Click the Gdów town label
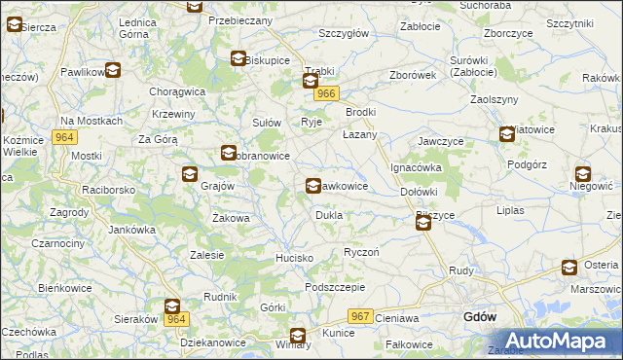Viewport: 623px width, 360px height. coord(480,317)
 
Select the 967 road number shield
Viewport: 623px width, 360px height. coord(360,316)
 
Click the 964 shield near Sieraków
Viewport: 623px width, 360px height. coord(175,319)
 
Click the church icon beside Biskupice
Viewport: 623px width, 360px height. coord(238,59)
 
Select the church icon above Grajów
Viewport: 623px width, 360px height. coord(189,174)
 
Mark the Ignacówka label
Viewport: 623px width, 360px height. coord(417,167)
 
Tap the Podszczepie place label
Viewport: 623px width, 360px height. coord(334,287)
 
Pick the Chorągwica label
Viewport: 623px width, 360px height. coord(176,91)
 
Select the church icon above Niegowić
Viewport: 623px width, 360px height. coord(582,174)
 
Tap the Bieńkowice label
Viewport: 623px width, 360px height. coord(63,288)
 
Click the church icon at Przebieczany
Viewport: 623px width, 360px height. coord(195,6)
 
